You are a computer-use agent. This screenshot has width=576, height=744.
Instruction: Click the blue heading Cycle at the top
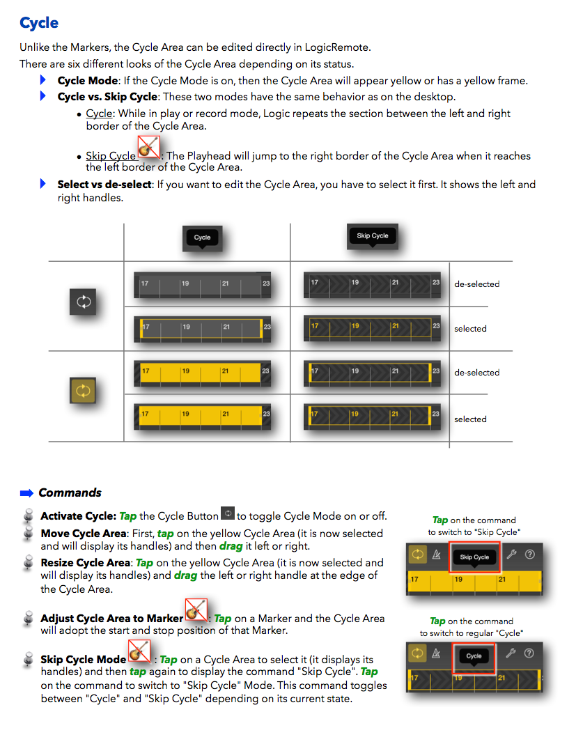click(x=39, y=23)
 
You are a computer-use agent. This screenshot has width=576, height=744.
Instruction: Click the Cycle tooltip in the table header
click(x=202, y=238)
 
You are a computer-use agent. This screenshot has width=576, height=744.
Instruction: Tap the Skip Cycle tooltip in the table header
click(x=372, y=235)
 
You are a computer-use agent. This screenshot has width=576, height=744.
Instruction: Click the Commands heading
click(x=70, y=493)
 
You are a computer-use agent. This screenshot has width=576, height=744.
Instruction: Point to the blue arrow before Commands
click(x=26, y=493)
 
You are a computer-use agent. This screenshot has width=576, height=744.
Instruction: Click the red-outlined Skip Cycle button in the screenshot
click(x=475, y=557)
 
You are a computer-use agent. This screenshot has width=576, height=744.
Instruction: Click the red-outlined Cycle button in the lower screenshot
click(x=474, y=656)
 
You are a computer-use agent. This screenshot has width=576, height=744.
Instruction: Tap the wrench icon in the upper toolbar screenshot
click(x=511, y=555)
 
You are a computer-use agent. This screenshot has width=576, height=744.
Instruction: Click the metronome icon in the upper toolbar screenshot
click(x=437, y=555)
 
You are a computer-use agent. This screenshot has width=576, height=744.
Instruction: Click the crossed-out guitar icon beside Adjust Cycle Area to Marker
click(x=196, y=610)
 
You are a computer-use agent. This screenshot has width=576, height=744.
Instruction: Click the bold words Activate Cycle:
click(x=78, y=516)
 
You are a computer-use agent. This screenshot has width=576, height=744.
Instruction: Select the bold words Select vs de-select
click(x=104, y=185)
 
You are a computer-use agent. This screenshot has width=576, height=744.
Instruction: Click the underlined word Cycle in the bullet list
click(x=99, y=114)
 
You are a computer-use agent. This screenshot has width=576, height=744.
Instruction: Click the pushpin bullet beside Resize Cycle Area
click(x=29, y=561)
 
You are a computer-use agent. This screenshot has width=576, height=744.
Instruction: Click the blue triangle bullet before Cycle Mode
click(x=42, y=81)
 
